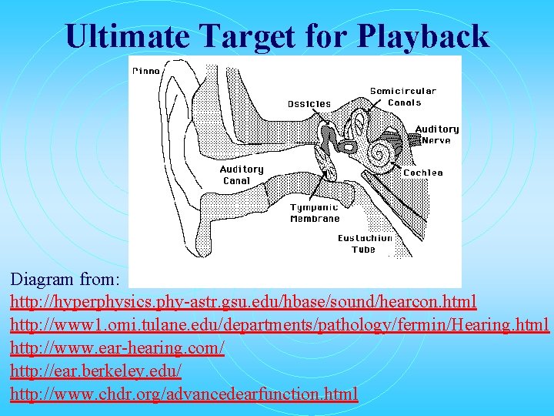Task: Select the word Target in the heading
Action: tap(248, 36)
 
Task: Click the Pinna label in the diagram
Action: tap(146, 71)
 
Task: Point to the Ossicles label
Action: tap(309, 104)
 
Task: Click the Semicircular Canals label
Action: tap(402, 96)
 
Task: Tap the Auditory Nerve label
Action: tap(438, 134)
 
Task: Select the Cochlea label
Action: tap(423, 173)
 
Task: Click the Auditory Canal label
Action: tap(242, 175)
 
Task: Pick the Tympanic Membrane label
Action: tap(315, 213)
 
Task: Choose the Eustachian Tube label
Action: tap(365, 243)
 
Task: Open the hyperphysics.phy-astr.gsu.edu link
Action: tap(243, 300)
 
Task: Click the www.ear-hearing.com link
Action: tap(117, 348)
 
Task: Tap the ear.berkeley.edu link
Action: tap(95, 371)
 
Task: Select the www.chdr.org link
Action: tap(184, 394)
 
